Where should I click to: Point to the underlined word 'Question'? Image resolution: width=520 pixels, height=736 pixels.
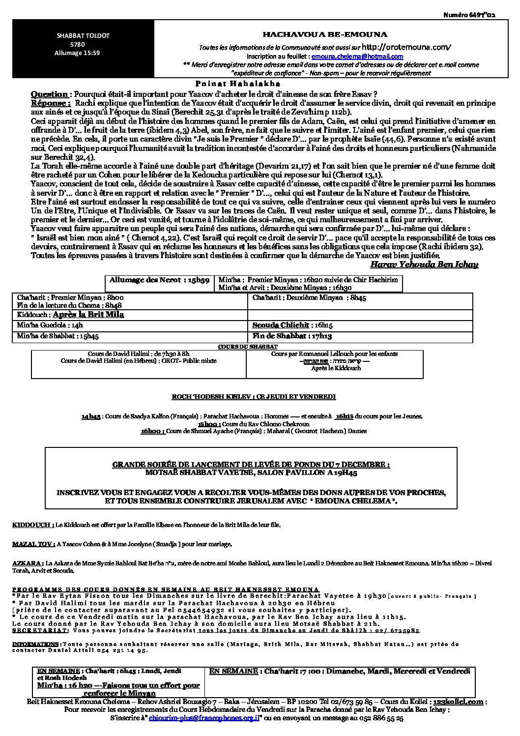49,94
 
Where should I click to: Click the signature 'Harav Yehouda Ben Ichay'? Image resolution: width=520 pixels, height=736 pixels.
424,265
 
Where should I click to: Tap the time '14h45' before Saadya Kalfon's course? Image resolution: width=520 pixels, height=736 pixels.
91,416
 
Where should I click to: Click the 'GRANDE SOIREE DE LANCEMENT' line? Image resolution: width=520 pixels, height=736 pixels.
251,464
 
